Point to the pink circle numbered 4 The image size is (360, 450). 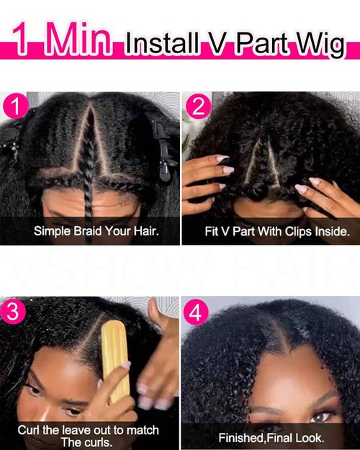(x=197, y=314)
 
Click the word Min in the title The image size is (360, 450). (x=78, y=41)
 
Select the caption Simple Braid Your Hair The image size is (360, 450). (x=96, y=232)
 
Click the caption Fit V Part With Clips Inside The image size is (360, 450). (x=276, y=232)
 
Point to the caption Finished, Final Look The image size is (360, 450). (x=271, y=437)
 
